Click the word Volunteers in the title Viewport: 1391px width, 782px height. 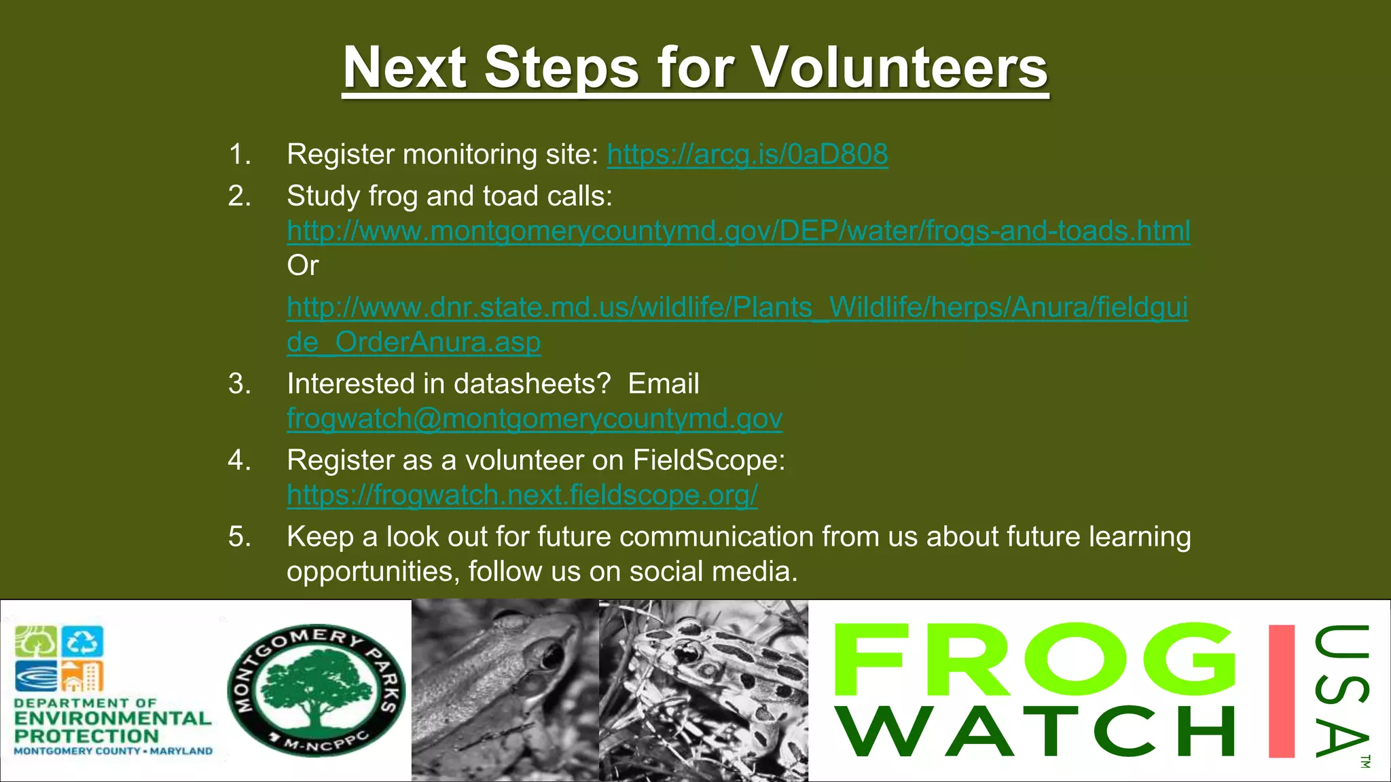[x=899, y=68]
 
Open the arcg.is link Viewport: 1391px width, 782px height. [x=747, y=155]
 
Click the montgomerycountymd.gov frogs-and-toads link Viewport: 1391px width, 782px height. [x=738, y=231]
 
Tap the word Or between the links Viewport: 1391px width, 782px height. [x=302, y=265]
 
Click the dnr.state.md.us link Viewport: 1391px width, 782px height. [x=737, y=308]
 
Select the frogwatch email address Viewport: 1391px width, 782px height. [x=535, y=419]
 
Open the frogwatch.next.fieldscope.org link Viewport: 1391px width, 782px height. [x=522, y=496]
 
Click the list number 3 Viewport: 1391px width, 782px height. [x=239, y=384]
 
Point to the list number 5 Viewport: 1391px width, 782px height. [x=239, y=537]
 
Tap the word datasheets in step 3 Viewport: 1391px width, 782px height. [x=532, y=384]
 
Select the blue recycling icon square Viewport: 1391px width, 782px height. [x=82, y=641]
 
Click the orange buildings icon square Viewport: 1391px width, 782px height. [x=82, y=676]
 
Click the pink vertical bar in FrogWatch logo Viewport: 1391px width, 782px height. [x=1281, y=690]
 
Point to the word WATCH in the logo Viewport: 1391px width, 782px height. [x=1036, y=732]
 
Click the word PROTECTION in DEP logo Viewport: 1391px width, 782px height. [x=86, y=736]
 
